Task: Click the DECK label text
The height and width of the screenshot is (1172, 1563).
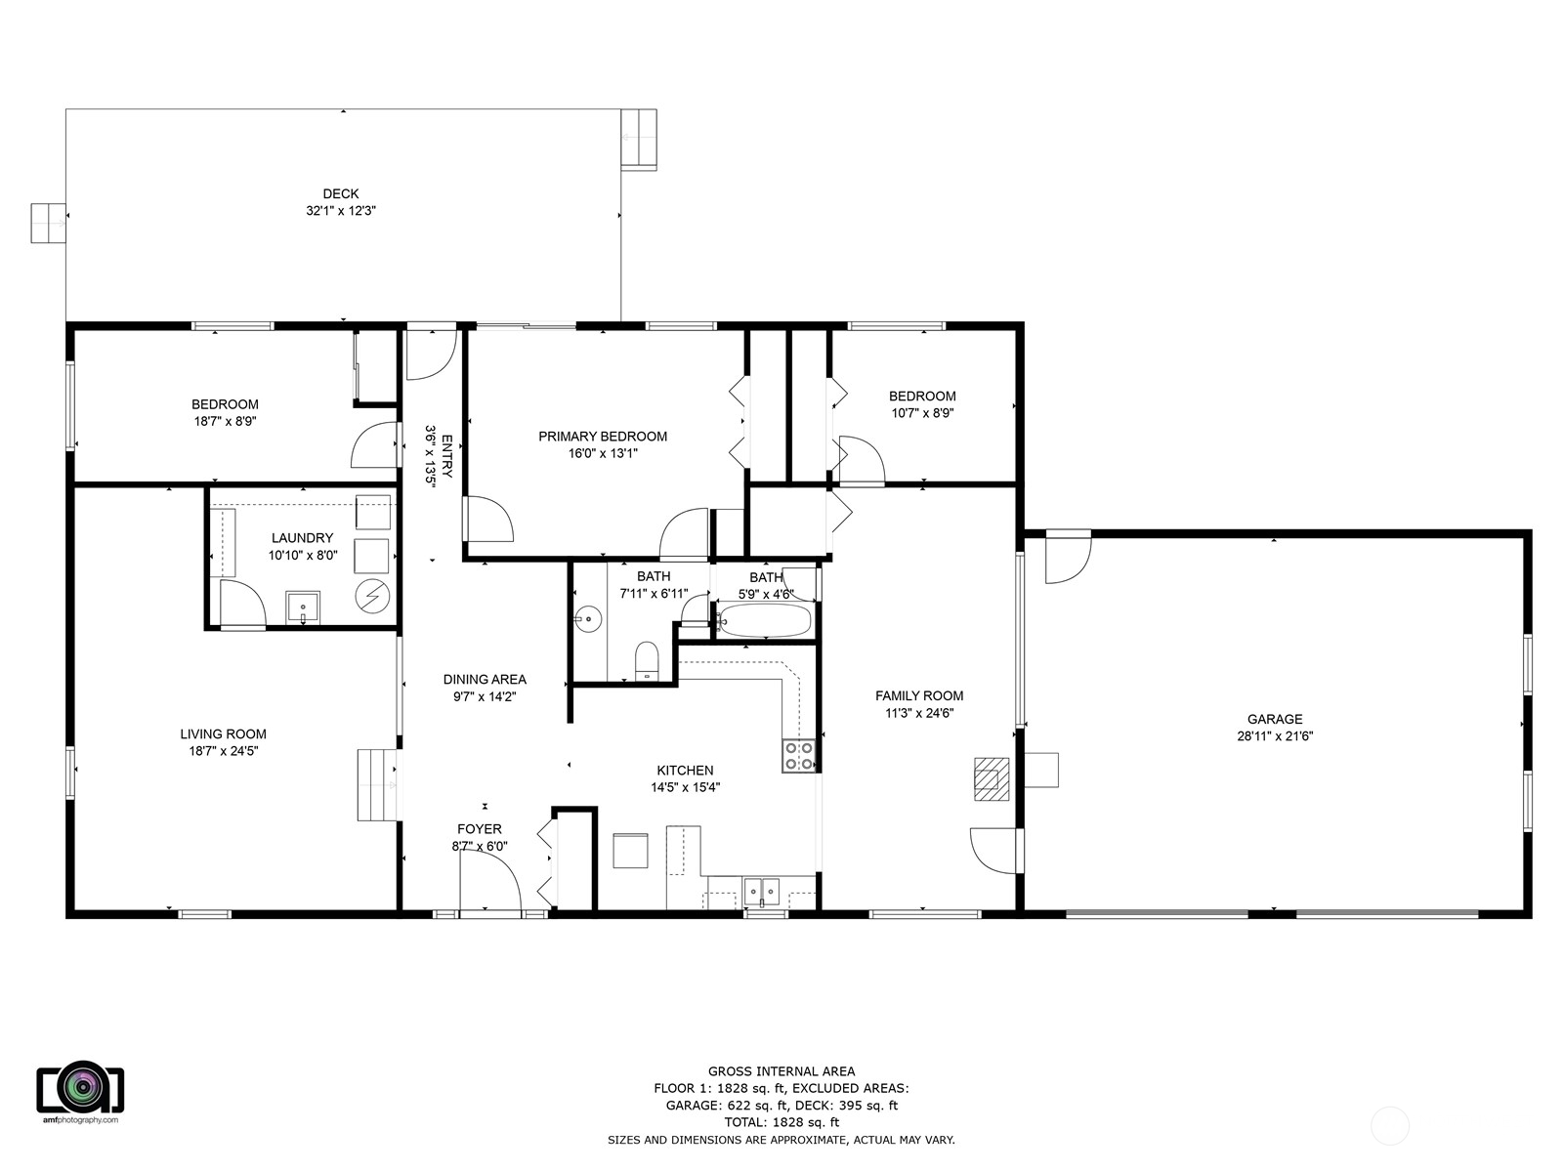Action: pos(341,193)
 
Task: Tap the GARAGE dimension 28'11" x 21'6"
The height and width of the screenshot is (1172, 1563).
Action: pos(1274,736)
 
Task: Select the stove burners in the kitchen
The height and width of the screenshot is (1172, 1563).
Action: pos(798,756)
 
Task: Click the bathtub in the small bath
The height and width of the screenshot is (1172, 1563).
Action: pos(765,620)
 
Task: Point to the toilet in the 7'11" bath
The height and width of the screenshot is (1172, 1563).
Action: pos(647,659)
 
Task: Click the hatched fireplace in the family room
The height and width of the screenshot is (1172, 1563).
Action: pos(991,778)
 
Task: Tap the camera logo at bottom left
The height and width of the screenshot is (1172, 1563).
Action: pos(80,1086)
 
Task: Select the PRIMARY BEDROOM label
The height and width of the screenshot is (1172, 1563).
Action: pos(603,437)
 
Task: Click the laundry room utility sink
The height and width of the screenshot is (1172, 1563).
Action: pos(303,607)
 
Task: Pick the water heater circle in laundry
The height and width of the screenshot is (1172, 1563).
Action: pos(371,596)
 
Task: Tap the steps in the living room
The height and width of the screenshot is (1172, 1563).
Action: pos(375,785)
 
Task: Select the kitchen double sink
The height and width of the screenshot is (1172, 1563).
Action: pos(762,891)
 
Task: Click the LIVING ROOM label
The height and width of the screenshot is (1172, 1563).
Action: pos(223,734)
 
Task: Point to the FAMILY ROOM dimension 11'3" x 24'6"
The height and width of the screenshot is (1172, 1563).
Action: pos(918,713)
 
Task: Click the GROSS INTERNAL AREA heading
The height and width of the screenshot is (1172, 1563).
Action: pos(781,1071)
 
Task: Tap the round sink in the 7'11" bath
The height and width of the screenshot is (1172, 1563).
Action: pos(587,618)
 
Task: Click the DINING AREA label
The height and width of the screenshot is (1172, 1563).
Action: pos(485,680)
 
